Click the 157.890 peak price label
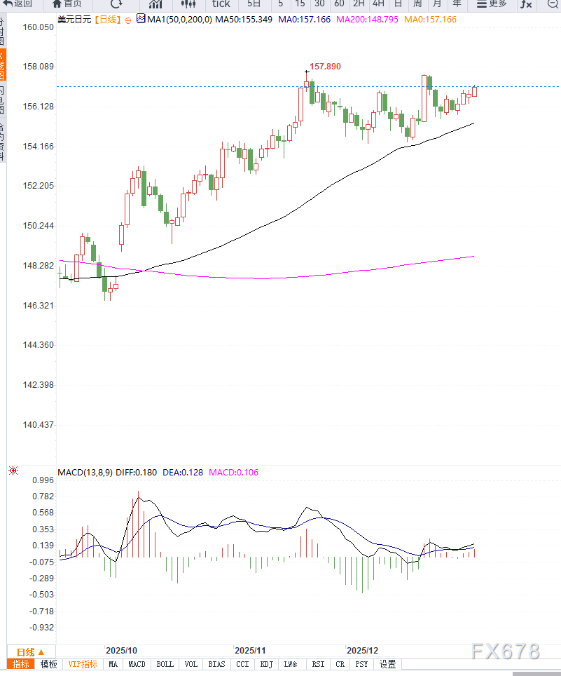click(325, 67)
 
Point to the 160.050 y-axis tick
click(38, 27)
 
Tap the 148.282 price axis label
click(38, 266)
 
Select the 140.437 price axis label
click(38, 425)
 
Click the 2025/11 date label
click(250, 650)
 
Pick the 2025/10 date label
click(121, 650)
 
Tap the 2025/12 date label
click(362, 650)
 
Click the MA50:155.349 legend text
click(244, 20)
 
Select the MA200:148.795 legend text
click(367, 20)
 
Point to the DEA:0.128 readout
click(183, 472)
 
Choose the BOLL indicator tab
click(165, 664)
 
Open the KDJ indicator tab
click(266, 664)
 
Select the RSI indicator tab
click(318, 664)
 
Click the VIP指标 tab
click(83, 664)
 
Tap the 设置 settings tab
click(387, 664)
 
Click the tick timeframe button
click(221, 4)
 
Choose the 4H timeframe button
click(378, 4)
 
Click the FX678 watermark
click(506, 651)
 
